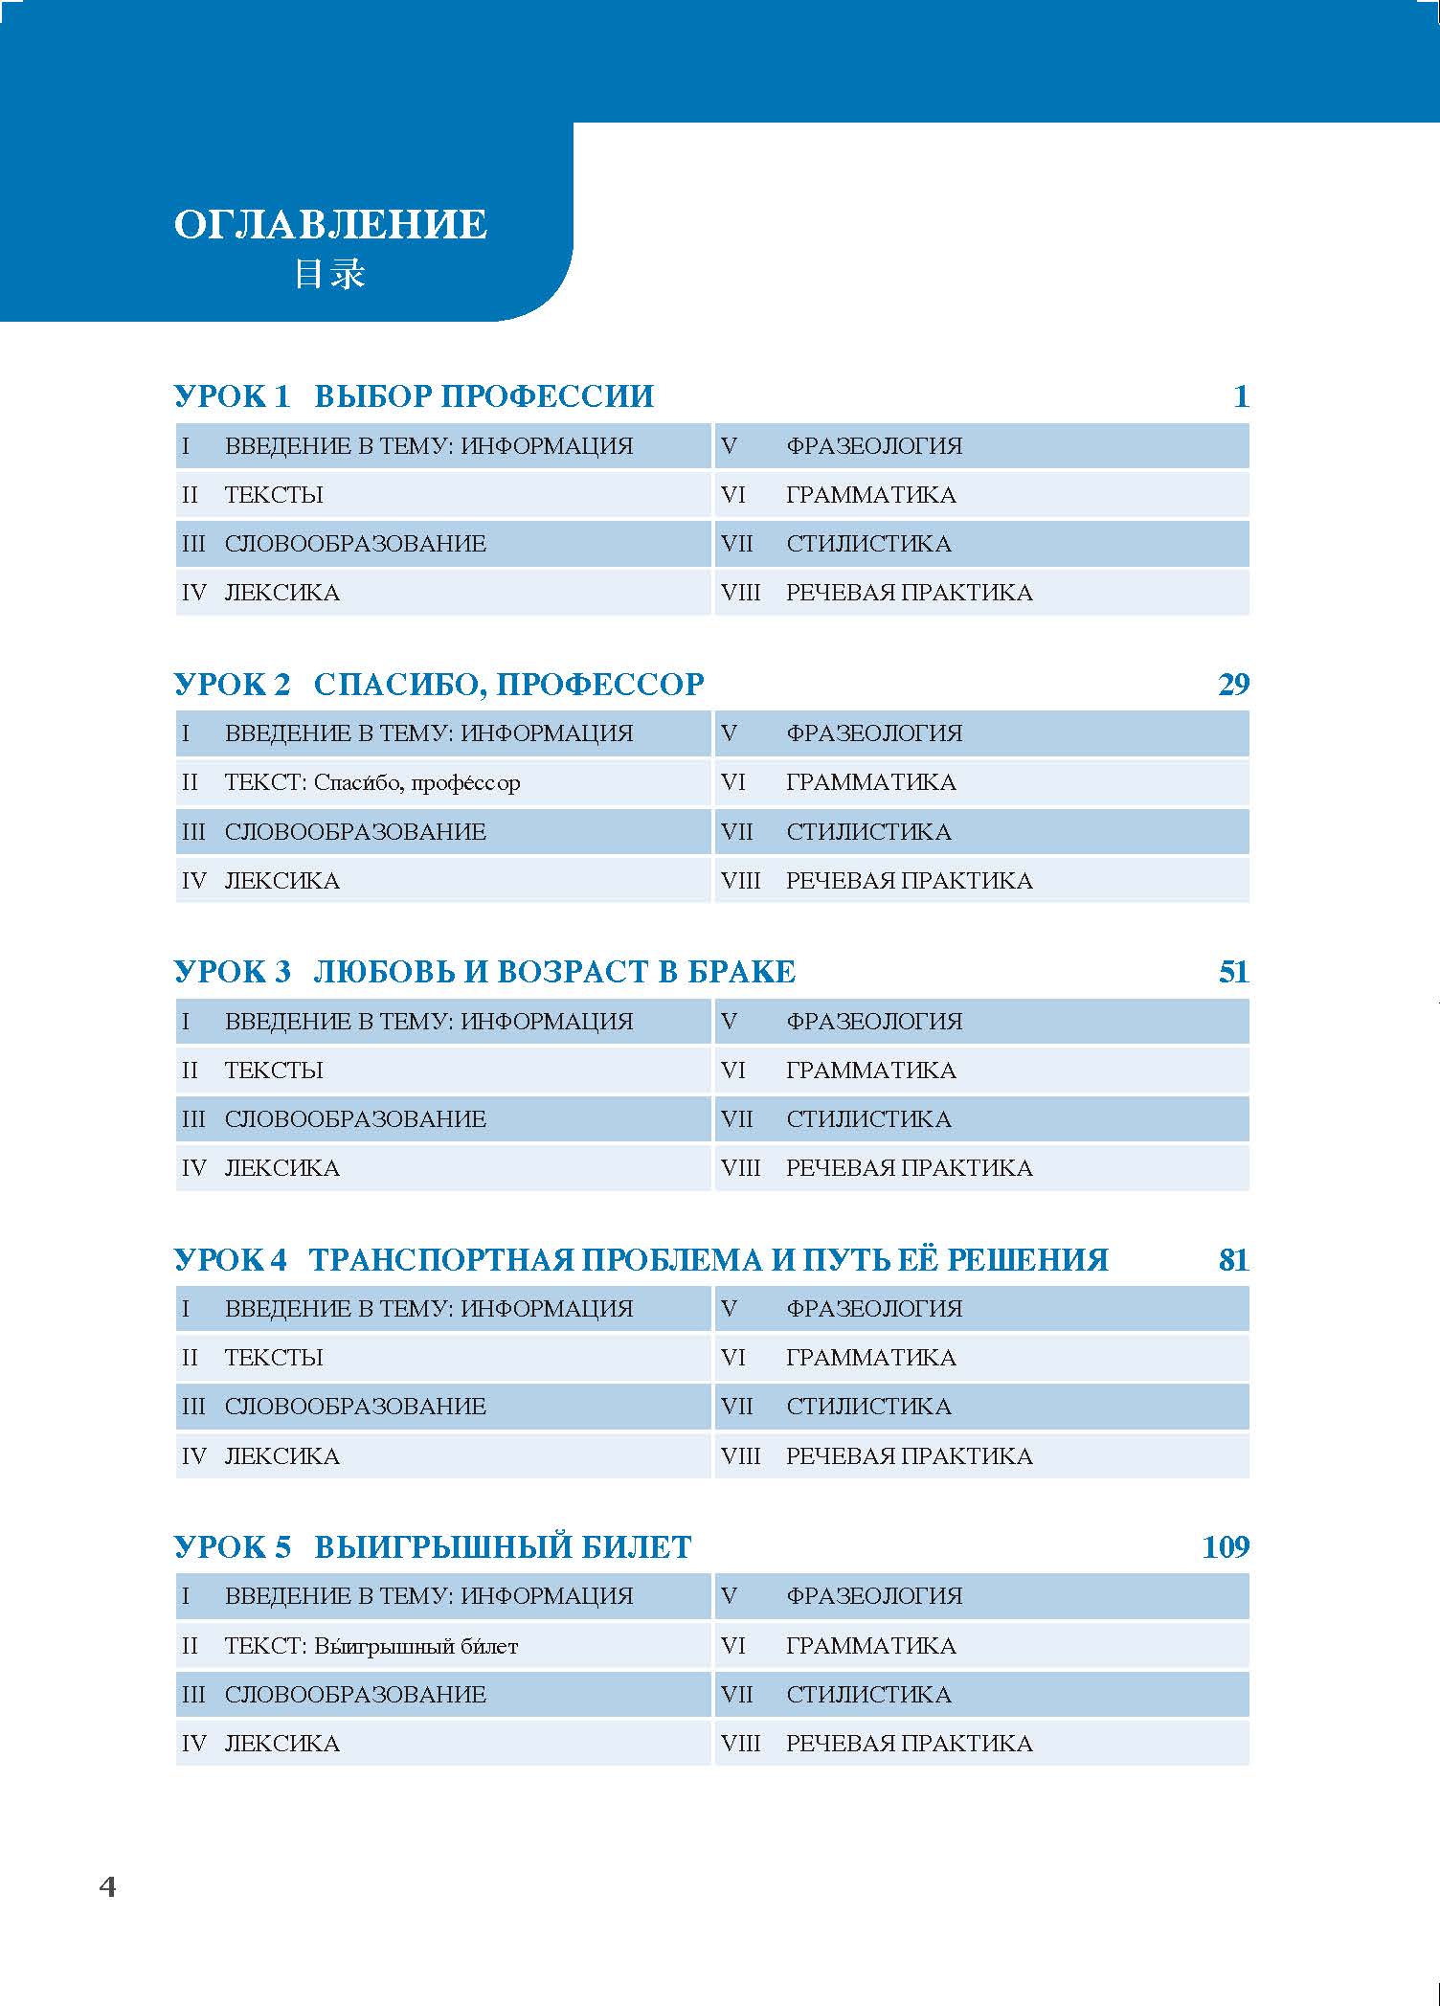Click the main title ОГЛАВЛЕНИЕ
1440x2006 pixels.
point(330,225)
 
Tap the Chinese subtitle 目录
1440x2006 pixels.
point(329,275)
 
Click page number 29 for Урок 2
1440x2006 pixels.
point(1233,685)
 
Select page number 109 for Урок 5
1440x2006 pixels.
point(1226,1547)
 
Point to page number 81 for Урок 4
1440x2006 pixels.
point(1233,1260)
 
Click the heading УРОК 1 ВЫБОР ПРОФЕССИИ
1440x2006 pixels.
point(414,396)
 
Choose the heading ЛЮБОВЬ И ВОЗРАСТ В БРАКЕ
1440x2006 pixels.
point(554,972)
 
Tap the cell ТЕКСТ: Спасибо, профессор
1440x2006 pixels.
point(372,783)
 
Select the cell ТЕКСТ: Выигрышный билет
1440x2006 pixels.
point(371,1646)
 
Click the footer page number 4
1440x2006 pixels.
point(107,1886)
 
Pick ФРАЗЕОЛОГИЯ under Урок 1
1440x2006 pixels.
point(874,446)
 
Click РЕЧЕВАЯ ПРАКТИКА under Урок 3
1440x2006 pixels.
point(909,1168)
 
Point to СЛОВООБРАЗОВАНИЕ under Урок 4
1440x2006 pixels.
point(355,1407)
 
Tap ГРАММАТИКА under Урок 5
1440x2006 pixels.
point(870,1646)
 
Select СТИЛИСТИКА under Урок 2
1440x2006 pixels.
point(868,832)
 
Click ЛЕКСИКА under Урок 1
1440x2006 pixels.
point(282,593)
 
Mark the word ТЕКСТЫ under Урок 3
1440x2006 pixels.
point(274,1071)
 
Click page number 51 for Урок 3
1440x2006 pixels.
point(1233,972)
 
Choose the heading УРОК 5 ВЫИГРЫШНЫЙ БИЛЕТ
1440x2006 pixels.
point(432,1547)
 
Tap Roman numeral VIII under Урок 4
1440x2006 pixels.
point(740,1456)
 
